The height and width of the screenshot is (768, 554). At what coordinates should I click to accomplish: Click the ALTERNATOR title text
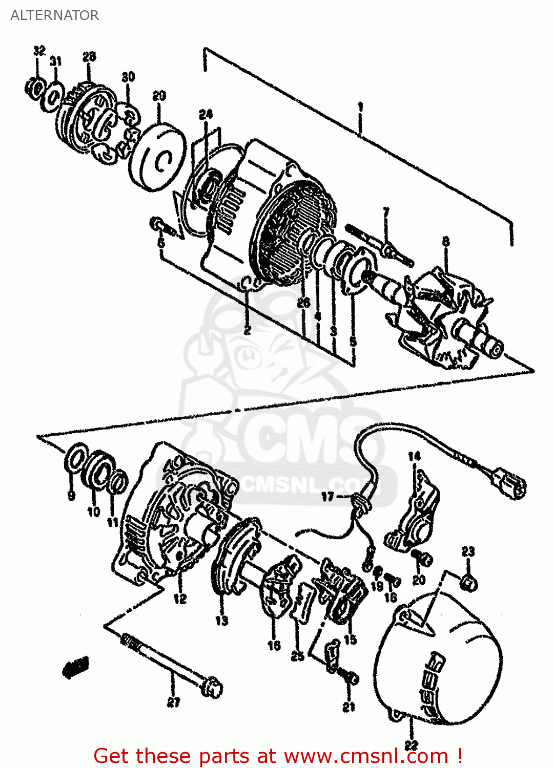click(x=54, y=15)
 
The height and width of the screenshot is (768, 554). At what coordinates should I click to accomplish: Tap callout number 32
click(x=39, y=51)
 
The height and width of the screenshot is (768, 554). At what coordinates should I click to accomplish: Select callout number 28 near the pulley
click(x=89, y=57)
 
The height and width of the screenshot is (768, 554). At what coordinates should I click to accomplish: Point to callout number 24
click(x=206, y=114)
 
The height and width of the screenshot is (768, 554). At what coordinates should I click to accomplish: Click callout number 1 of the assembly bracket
click(x=361, y=107)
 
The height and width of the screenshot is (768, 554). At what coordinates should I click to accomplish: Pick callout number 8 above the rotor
click(x=446, y=241)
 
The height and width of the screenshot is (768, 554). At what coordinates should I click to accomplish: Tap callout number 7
click(x=386, y=211)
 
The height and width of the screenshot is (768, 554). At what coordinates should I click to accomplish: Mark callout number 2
click(x=247, y=330)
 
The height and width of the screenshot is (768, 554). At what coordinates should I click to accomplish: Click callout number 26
click(x=303, y=303)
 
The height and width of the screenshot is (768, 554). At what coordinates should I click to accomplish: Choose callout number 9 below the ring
click(x=71, y=495)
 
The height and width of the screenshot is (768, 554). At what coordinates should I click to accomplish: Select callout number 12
click(x=180, y=598)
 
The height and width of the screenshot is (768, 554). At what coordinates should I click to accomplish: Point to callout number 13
click(x=221, y=621)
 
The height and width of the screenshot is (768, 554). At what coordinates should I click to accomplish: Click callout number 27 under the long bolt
click(x=173, y=702)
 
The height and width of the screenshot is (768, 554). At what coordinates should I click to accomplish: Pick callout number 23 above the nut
click(x=468, y=551)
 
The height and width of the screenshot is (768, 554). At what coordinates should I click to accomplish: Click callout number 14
click(x=414, y=456)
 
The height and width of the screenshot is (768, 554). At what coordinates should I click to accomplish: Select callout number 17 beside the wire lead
click(x=327, y=496)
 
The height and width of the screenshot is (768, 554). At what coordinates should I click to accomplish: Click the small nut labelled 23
click(x=469, y=583)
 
